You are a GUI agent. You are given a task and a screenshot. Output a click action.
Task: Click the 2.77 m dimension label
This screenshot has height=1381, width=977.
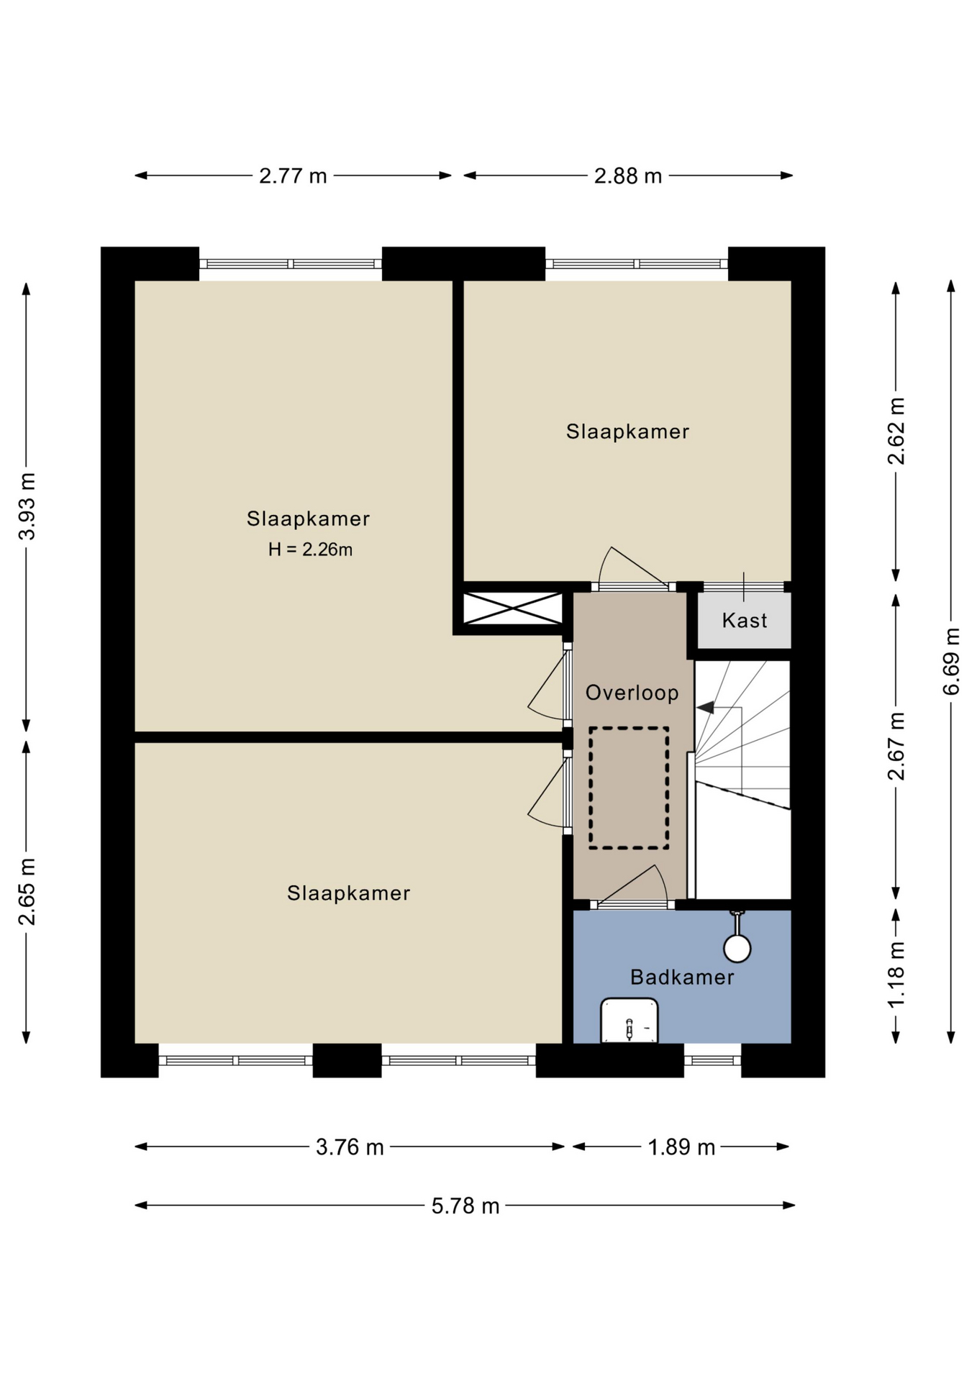pyautogui.click(x=293, y=176)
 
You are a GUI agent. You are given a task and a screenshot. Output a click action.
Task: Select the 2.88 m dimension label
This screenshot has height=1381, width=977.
pyautogui.click(x=627, y=176)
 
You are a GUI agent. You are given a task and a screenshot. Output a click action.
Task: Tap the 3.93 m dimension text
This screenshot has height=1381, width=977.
pyautogui.click(x=27, y=506)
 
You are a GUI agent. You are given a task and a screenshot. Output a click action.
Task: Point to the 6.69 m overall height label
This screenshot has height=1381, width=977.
pyautogui.click(x=951, y=661)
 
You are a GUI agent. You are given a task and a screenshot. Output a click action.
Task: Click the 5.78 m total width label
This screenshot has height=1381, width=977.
pyautogui.click(x=465, y=1205)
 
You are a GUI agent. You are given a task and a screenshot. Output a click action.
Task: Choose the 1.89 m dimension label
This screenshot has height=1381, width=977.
pyautogui.click(x=681, y=1147)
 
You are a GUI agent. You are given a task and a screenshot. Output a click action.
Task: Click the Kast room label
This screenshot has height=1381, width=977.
pyautogui.click(x=745, y=620)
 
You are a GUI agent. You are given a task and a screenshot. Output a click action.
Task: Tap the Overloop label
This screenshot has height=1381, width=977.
pyautogui.click(x=632, y=693)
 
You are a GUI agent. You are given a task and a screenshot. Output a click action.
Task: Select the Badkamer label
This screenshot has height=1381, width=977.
pyautogui.click(x=682, y=977)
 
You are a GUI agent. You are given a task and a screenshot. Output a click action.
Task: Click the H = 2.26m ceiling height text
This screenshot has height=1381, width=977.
pyautogui.click(x=310, y=550)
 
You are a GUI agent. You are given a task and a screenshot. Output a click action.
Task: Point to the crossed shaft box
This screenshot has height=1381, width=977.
pyautogui.click(x=512, y=609)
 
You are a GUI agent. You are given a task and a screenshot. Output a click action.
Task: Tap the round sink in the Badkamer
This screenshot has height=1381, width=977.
pyautogui.click(x=737, y=948)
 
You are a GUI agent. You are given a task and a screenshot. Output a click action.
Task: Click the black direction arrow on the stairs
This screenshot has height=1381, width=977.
pyautogui.click(x=706, y=707)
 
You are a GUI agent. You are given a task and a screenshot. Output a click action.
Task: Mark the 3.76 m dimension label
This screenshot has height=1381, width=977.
pyautogui.click(x=350, y=1147)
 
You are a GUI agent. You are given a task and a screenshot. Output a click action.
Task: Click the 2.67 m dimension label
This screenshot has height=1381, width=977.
pyautogui.click(x=896, y=746)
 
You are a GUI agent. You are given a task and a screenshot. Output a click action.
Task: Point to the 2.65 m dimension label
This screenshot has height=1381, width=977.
pyautogui.click(x=27, y=891)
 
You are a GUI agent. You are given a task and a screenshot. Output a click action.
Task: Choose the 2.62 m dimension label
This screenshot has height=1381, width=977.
pyautogui.click(x=896, y=430)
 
